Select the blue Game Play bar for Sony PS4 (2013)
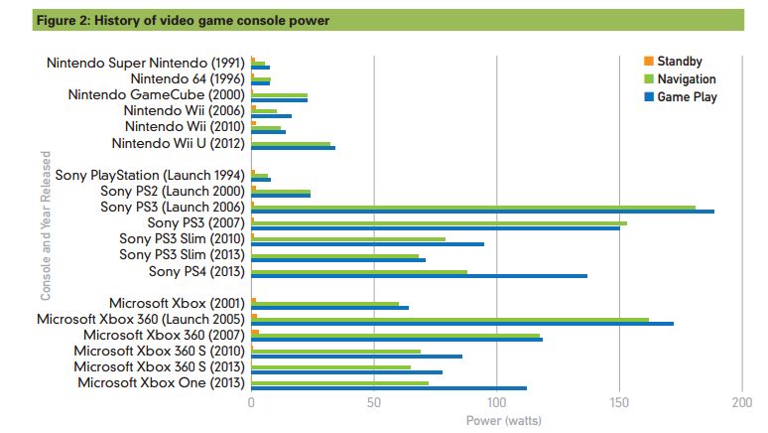(419, 275)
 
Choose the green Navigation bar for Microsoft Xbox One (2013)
(339, 381)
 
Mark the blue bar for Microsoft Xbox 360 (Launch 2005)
(462, 324)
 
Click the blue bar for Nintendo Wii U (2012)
(293, 148)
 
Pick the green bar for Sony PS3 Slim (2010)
(348, 239)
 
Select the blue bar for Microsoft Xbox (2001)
(329, 308)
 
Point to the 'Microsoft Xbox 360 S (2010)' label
(159, 351)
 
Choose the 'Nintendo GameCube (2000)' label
(157, 95)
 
